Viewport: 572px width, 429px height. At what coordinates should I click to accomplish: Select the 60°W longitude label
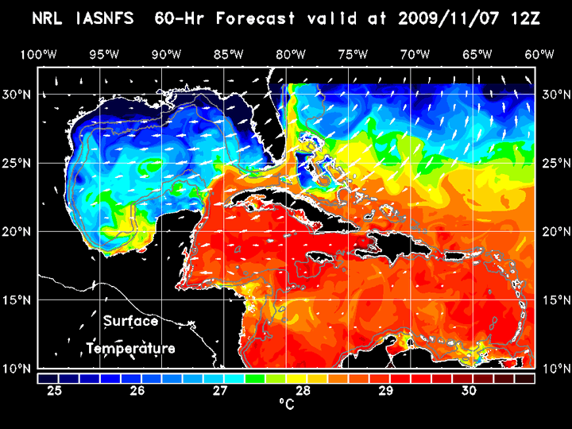(x=539, y=54)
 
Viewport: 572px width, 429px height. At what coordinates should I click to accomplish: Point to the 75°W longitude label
(x=354, y=54)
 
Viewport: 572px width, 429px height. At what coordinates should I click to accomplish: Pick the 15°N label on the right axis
(x=555, y=300)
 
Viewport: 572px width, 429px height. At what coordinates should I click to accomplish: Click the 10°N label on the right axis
(x=555, y=369)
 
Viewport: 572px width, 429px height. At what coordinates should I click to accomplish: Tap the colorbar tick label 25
(x=54, y=391)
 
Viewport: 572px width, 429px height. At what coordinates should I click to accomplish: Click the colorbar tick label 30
(x=469, y=391)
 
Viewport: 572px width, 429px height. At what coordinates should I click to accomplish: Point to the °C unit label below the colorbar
(x=285, y=404)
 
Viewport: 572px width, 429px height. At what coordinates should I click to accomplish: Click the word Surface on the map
(x=130, y=322)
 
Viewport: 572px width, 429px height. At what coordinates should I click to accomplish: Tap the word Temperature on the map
(x=130, y=349)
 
